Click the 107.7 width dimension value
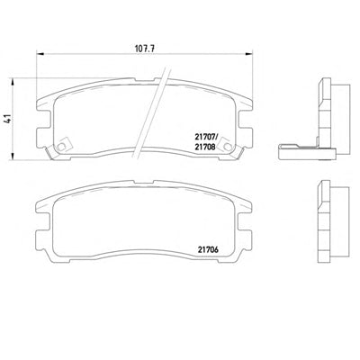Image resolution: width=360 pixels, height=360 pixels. click(x=144, y=49)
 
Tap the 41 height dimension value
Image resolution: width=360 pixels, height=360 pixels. click(x=8, y=119)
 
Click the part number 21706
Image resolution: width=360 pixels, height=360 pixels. click(x=208, y=249)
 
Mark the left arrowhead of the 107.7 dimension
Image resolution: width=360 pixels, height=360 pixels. click(x=40, y=54)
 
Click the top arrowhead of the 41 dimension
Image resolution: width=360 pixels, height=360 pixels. click(x=13, y=83)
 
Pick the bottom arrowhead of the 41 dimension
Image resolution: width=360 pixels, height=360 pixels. click(x=13, y=156)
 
